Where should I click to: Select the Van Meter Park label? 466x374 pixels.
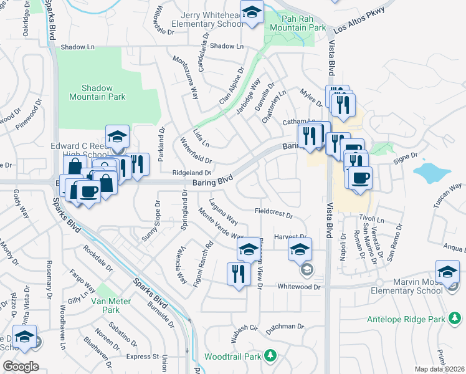105,305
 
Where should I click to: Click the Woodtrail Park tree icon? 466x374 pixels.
270,356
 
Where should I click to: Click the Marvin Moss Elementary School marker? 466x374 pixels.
447,272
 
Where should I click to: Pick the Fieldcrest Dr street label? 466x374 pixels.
274,213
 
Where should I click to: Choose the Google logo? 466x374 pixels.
21,367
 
